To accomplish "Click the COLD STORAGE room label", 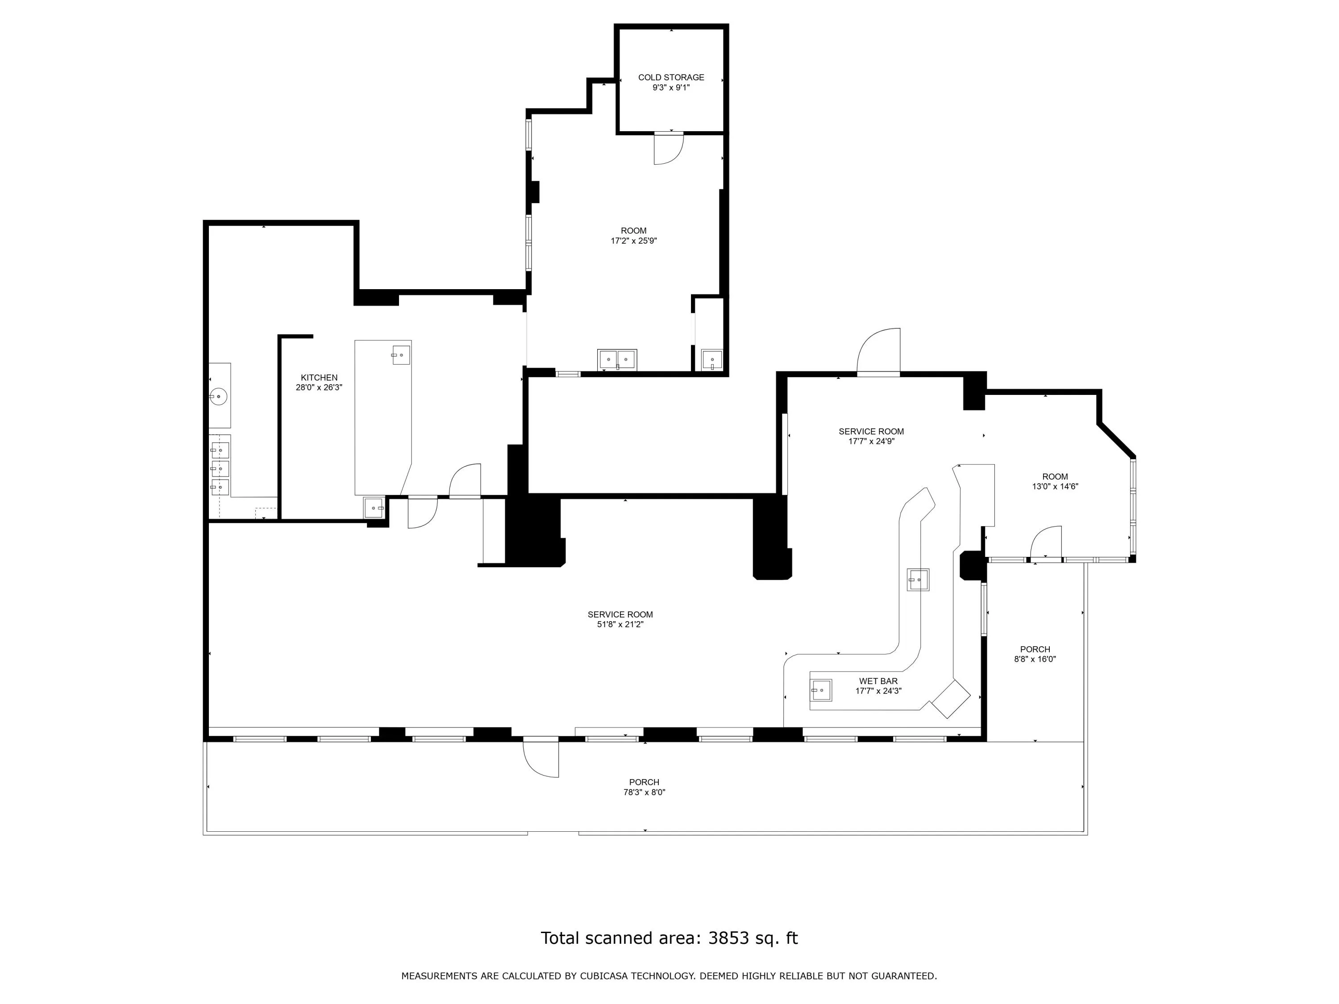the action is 671,78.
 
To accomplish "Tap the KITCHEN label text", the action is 319,378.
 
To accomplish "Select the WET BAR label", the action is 878,681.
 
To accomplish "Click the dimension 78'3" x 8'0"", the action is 644,792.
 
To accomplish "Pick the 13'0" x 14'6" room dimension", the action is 1055,486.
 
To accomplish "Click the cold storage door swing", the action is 669,149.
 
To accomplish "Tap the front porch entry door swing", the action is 541,758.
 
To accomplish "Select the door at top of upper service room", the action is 879,352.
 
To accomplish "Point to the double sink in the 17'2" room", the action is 617,360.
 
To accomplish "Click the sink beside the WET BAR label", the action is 821,690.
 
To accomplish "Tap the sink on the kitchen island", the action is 401,355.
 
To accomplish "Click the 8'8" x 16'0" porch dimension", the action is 1035,659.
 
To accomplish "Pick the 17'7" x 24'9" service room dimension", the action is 871,441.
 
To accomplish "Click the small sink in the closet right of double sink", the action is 712,360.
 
